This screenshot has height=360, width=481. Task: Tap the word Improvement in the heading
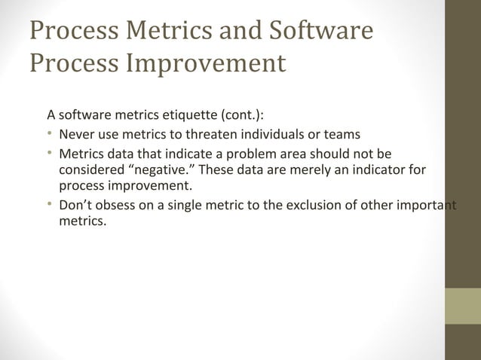(206, 63)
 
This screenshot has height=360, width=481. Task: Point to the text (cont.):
(241, 116)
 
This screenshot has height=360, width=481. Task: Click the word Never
(76, 136)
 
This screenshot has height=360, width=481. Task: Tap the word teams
(342, 136)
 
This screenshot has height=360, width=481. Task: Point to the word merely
(284, 170)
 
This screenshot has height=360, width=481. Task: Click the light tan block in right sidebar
(462, 306)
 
